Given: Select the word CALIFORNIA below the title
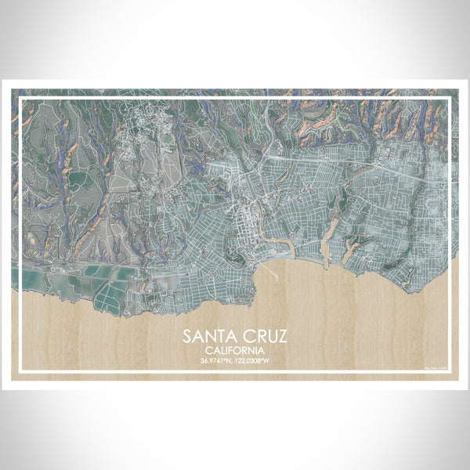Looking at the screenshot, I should point(234,351).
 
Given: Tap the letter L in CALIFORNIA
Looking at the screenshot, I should point(224,351).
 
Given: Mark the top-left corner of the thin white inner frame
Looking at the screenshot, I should point(20,98).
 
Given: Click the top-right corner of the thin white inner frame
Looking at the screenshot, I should point(450,98).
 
